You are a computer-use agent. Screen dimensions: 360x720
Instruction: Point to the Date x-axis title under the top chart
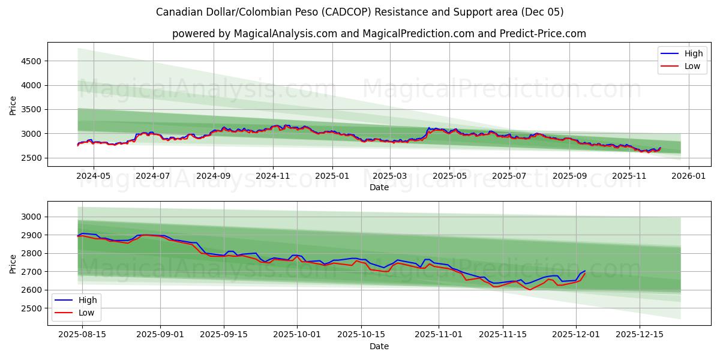point(379,187)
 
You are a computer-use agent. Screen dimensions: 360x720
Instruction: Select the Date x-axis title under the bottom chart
point(379,346)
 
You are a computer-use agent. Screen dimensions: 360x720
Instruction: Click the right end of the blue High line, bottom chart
point(585,271)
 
